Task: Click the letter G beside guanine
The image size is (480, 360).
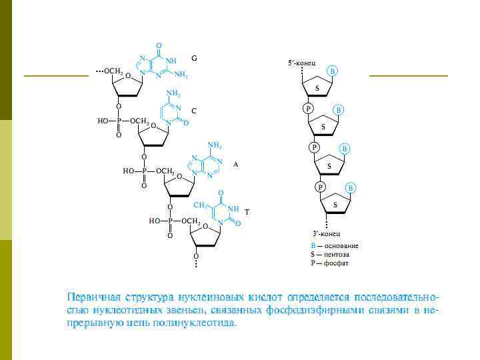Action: [194, 59]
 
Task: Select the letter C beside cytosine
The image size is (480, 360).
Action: [194, 110]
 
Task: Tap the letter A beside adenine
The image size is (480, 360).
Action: [235, 163]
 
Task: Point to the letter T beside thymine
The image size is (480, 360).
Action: [247, 212]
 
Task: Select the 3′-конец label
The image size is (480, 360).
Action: [327, 234]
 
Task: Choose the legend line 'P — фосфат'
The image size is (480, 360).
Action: [329, 263]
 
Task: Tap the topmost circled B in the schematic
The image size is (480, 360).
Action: [333, 71]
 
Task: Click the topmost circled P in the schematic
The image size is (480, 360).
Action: [308, 108]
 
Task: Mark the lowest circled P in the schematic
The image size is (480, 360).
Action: [321, 187]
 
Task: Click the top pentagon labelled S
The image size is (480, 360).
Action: [317, 87]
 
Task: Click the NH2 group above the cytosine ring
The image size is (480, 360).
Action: [173, 93]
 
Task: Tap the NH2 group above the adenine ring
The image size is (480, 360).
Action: [215, 145]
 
